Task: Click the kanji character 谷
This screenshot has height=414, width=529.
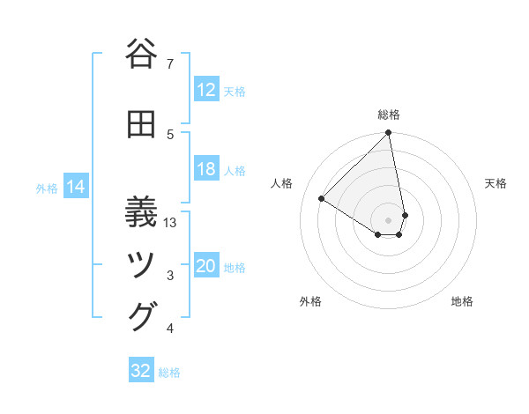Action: pyautogui.click(x=142, y=54)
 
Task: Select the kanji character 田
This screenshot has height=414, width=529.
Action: pyautogui.click(x=142, y=124)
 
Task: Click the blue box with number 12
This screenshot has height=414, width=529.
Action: pyautogui.click(x=205, y=90)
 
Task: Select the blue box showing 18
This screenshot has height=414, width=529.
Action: pyautogui.click(x=205, y=169)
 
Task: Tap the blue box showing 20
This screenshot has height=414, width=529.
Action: pyautogui.click(x=205, y=266)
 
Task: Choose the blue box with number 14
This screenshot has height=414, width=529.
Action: pyautogui.click(x=75, y=187)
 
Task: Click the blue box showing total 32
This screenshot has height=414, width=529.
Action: pyautogui.click(x=141, y=371)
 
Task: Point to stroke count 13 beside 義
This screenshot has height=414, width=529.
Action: pyautogui.click(x=171, y=222)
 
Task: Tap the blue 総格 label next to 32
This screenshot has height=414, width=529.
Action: pyautogui.click(x=169, y=373)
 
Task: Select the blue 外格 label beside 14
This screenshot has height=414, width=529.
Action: pyautogui.click(x=46, y=188)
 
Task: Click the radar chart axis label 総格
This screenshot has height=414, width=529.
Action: pyautogui.click(x=389, y=115)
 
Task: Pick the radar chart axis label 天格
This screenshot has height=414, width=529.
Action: pyautogui.click(x=495, y=183)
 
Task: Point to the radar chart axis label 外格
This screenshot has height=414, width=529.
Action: pyautogui.click(x=310, y=301)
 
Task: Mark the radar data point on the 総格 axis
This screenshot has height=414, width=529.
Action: pyautogui.click(x=389, y=134)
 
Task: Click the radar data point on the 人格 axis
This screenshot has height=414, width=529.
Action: pyautogui.click(x=322, y=199)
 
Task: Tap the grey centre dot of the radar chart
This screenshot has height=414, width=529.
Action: pyautogui.click(x=389, y=219)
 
